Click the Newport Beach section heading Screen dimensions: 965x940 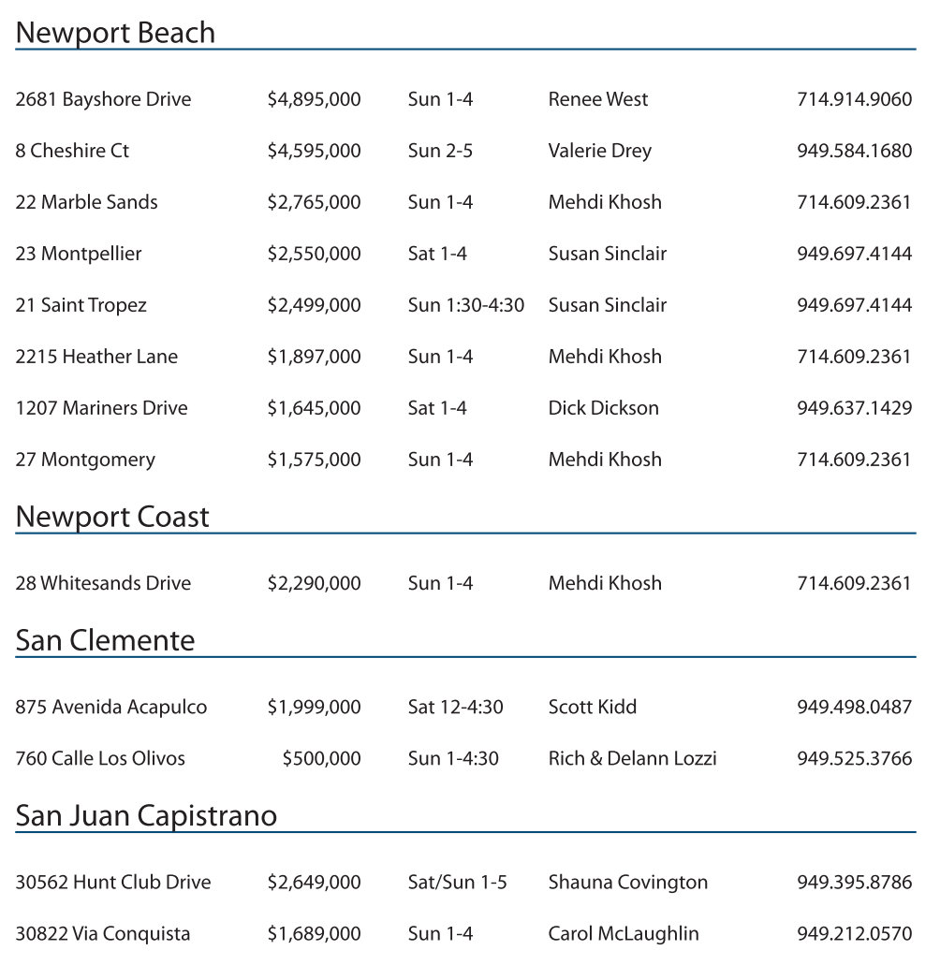[115, 33]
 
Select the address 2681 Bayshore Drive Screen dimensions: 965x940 [103, 99]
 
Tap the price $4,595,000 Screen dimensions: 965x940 [314, 151]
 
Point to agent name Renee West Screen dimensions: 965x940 [597, 99]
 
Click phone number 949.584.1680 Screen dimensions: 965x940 [854, 151]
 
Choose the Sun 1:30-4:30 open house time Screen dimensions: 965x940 [465, 305]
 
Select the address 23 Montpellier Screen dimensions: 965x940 [79, 254]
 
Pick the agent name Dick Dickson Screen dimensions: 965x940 [603, 408]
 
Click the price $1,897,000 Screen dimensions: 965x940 [314, 357]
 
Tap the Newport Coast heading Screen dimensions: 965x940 [112, 517]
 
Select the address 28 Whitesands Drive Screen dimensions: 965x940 [103, 583]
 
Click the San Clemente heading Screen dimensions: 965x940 [105, 640]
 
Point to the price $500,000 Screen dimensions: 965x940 [321, 758]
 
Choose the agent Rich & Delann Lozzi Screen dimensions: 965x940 [632, 758]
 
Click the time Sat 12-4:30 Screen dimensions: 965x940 [455, 707]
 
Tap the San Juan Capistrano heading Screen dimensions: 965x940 [146, 815]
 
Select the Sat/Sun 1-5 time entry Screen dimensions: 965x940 [457, 882]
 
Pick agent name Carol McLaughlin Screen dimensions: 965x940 [624, 933]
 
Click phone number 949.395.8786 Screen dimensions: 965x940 [854, 882]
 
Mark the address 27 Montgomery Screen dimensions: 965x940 [85, 460]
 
